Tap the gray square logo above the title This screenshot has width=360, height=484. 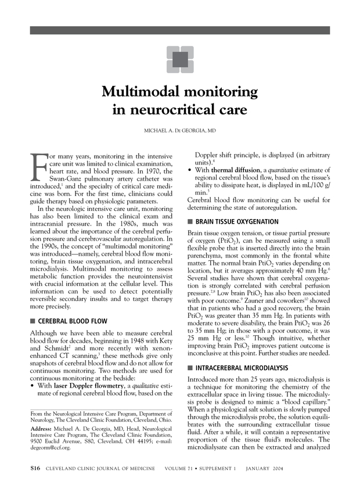(179, 59)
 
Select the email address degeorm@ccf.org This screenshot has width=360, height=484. (48, 449)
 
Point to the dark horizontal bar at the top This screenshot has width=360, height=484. (179, 30)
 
